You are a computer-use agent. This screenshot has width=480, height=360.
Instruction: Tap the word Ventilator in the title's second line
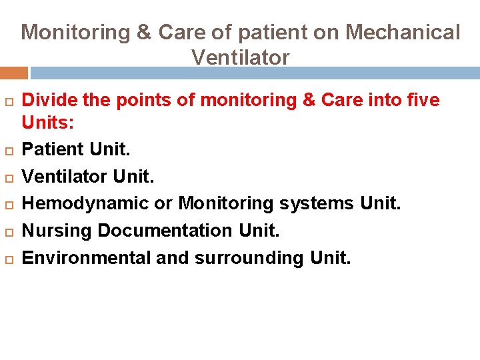240,57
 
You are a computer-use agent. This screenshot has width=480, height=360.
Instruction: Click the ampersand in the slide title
145,32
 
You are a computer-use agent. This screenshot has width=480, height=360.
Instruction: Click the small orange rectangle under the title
13,73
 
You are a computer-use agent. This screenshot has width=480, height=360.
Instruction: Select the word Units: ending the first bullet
47,123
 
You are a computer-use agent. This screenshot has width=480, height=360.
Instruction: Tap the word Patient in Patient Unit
51,149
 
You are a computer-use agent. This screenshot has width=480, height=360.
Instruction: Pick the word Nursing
57,231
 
